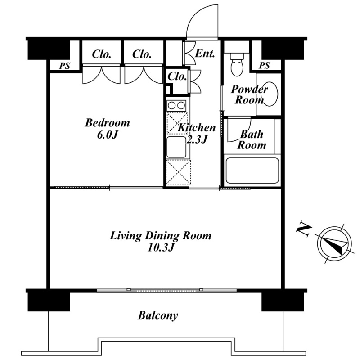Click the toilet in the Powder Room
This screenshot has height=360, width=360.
click(237, 65)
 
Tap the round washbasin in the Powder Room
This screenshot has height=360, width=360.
click(271, 94)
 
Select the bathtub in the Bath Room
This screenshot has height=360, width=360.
click(252, 171)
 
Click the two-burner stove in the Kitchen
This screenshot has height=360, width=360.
click(176, 106)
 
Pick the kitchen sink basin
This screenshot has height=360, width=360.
click(176, 147)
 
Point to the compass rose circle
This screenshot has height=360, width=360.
click(334, 244)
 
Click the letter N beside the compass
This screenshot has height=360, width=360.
click(304, 229)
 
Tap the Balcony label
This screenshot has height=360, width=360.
click(158, 316)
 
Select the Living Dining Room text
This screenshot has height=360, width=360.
click(161, 236)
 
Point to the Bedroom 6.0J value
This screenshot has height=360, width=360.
click(108, 135)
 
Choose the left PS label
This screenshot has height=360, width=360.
click(64, 66)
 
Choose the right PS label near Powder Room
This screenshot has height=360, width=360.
click(264, 66)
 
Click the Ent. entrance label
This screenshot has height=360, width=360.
click(205, 54)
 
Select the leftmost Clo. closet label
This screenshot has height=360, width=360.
click(102, 54)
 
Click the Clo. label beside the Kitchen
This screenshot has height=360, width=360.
click(177, 76)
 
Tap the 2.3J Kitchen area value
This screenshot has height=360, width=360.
click(197, 139)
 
